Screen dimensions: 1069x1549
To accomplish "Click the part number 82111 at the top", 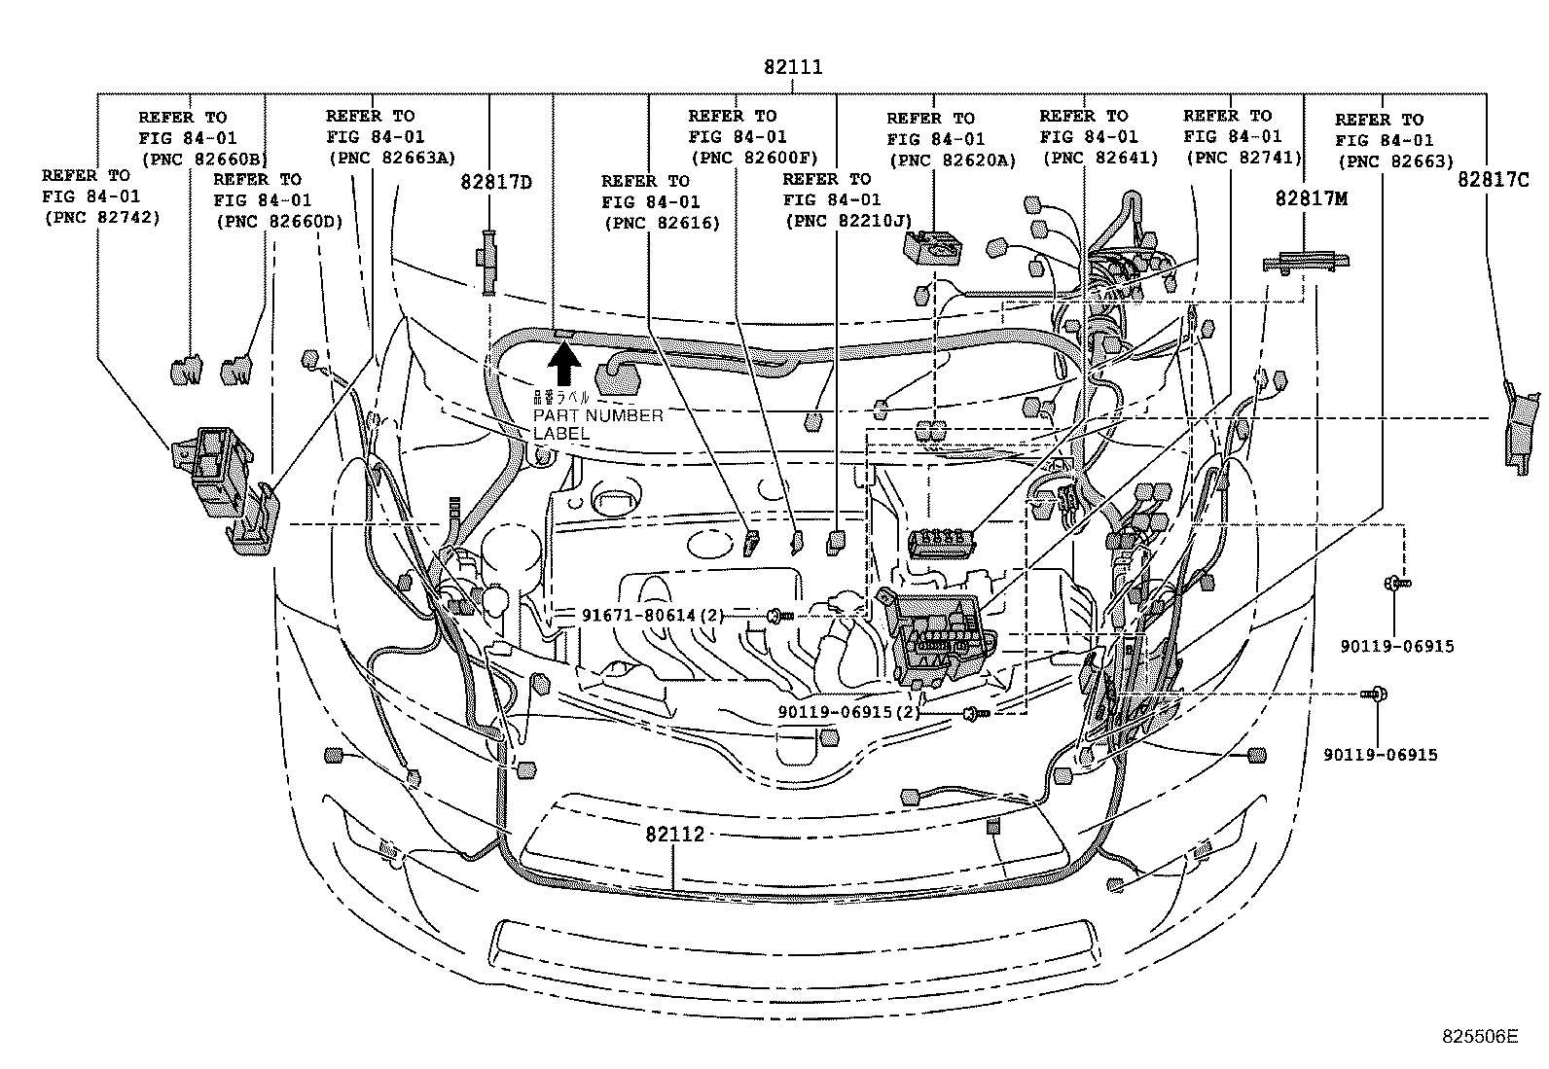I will pos(793,67).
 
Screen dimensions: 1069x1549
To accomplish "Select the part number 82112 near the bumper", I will pos(674,835).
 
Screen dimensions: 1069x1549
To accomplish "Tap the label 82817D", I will pos(496,182).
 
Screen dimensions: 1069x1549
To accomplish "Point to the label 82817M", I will pos(1312,198).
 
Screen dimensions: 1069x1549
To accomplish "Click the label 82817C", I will pos(1493,180).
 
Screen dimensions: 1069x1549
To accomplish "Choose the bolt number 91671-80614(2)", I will pos(653,615).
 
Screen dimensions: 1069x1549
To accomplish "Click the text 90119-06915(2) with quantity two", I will pos(848,711).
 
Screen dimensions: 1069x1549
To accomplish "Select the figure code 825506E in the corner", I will pos(1479,1036).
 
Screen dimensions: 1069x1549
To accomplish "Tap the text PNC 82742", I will pos(101,218).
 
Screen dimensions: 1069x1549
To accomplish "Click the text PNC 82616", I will pos(661,223).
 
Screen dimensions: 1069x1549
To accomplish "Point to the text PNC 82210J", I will pos(847,222).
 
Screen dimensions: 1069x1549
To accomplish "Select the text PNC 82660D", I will pos(278,222).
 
